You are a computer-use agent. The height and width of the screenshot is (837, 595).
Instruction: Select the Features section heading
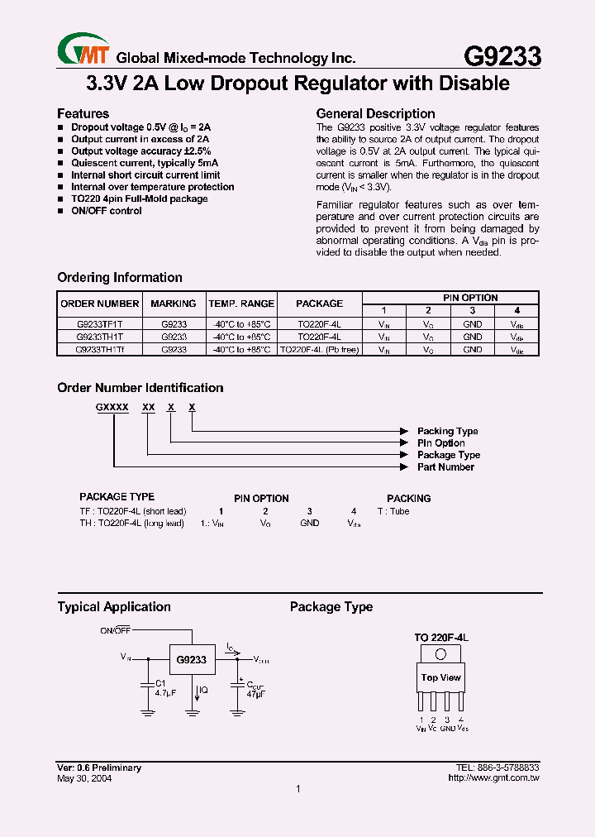click(83, 113)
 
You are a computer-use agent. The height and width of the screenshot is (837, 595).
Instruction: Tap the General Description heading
click(375, 113)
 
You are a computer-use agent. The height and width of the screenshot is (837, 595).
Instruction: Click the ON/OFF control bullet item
click(106, 211)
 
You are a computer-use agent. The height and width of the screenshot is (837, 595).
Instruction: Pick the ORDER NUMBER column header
click(100, 304)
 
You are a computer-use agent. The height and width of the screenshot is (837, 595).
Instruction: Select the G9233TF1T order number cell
click(100, 325)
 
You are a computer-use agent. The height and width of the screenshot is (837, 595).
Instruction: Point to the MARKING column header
click(174, 304)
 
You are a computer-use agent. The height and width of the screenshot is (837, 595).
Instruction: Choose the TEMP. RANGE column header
click(240, 304)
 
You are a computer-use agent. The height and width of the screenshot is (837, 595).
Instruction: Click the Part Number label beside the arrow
click(445, 467)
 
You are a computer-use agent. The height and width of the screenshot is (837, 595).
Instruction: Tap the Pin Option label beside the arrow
click(440, 443)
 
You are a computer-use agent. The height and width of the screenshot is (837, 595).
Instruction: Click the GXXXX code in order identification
click(112, 408)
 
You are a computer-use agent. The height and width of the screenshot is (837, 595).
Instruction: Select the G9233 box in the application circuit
click(192, 660)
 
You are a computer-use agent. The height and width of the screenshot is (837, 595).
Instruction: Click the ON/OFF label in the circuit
click(116, 631)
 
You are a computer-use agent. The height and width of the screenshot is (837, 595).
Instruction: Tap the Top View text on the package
click(440, 678)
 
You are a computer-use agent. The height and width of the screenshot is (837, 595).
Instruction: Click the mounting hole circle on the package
click(441, 653)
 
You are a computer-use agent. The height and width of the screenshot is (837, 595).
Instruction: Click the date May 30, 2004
click(84, 778)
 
